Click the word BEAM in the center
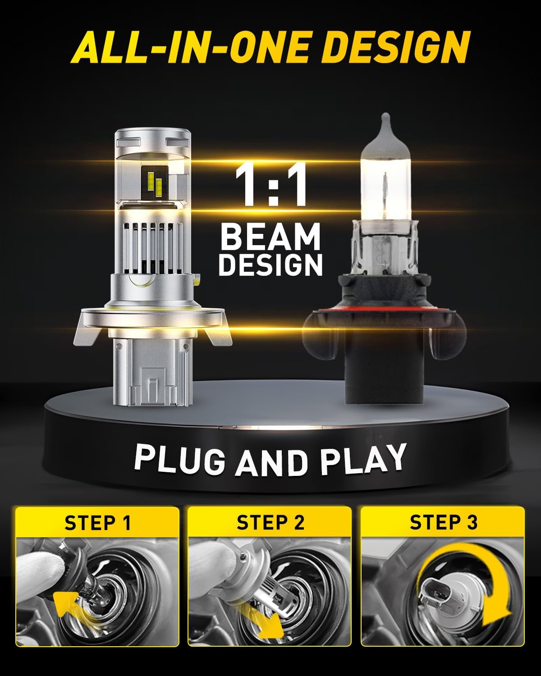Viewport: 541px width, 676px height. (x=270, y=238)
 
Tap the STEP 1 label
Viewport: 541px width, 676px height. (x=97, y=523)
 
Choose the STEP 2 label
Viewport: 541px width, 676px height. (x=270, y=523)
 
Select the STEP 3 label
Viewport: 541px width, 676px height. (x=443, y=522)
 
